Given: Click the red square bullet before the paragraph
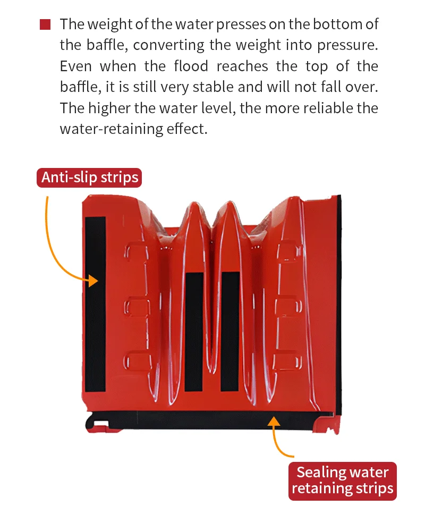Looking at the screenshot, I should [x=45, y=24].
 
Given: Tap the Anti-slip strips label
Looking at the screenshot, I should [x=90, y=177].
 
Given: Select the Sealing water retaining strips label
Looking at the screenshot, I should [x=343, y=481].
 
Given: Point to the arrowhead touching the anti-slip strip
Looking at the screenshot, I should [x=94, y=281].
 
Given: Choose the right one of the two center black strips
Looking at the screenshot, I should [x=230, y=330].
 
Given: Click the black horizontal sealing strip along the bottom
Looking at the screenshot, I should [x=212, y=419].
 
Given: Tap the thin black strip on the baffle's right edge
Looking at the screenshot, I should [x=338, y=303].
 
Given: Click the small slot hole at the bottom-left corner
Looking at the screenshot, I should [x=100, y=424].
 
